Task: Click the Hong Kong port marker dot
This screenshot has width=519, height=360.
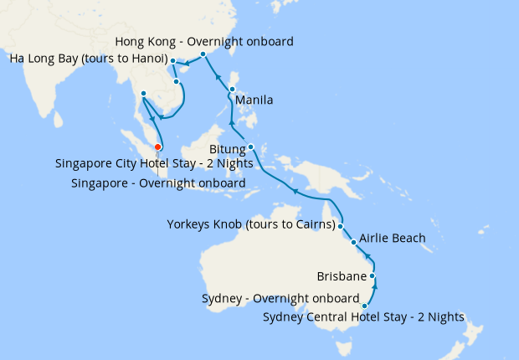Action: click(203, 54)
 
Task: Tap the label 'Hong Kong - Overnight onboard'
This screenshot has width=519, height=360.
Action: click(204, 41)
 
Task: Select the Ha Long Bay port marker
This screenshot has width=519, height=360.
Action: click(172, 60)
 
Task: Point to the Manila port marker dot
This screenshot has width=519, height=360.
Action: click(232, 88)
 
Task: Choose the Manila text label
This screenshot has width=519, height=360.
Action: click(254, 100)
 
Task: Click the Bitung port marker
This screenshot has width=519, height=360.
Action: click(250, 147)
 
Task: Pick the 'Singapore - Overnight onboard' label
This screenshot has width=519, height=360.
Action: click(158, 183)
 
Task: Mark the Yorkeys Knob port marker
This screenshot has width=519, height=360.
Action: click(341, 225)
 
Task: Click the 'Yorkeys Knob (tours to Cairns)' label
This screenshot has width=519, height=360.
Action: click(251, 224)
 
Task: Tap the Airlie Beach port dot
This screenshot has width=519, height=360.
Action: click(354, 243)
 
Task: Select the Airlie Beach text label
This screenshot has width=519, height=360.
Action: click(392, 239)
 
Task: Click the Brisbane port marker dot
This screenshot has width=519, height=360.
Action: click(373, 275)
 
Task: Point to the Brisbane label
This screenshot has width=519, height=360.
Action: click(342, 275)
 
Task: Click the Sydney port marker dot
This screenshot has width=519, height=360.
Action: click(365, 306)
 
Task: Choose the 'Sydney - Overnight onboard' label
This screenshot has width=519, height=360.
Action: click(280, 298)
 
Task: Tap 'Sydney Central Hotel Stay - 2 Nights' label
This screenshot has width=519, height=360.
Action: click(363, 316)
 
